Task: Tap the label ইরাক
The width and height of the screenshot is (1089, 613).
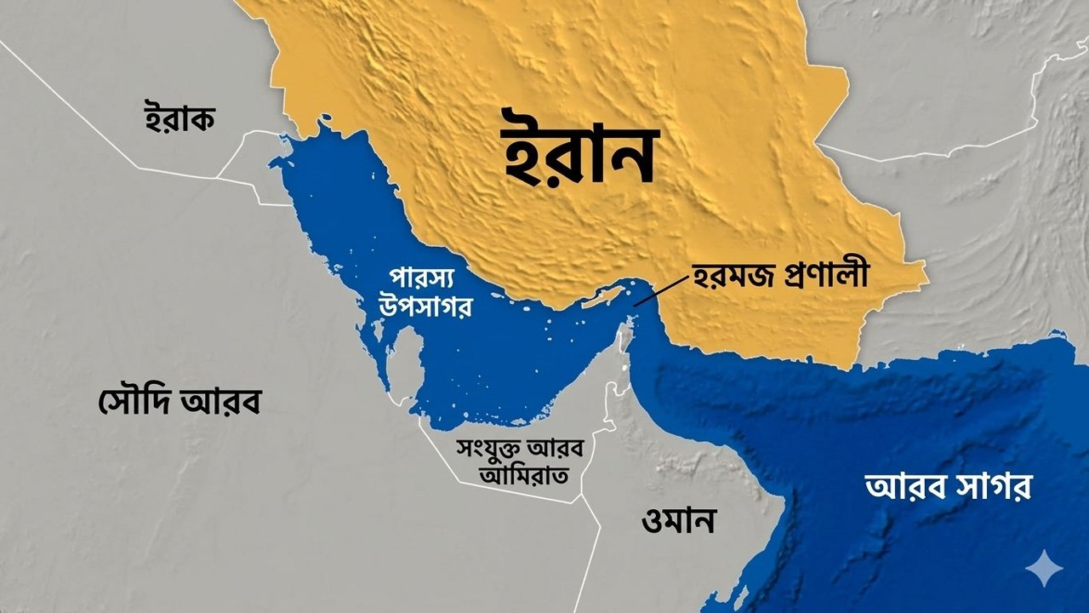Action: [178, 117]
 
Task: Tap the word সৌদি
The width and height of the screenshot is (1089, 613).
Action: [131, 399]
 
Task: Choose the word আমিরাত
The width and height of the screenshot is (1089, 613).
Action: [510, 473]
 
